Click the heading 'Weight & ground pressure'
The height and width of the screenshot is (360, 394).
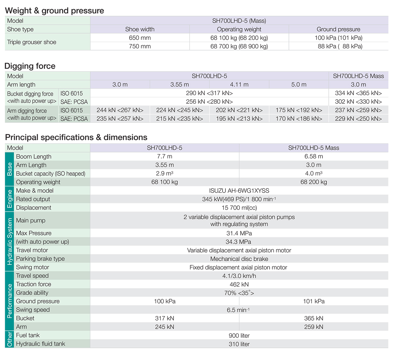click(54, 11)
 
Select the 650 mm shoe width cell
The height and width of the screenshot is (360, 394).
click(140, 38)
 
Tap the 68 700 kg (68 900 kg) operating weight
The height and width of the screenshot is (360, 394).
click(239, 46)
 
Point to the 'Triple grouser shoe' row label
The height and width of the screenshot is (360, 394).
click(31, 42)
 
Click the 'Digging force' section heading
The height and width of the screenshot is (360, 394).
click(30, 66)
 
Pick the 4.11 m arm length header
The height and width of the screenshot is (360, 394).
click(239, 85)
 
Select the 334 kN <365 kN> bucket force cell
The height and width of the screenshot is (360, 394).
click(358, 93)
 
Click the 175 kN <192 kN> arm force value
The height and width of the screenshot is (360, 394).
click(299, 110)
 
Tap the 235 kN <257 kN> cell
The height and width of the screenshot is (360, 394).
click(120, 119)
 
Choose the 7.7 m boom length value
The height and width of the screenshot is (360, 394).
click(165, 157)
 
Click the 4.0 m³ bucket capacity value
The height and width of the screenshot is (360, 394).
click(313, 174)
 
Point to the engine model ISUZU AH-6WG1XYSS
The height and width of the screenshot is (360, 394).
click(239, 191)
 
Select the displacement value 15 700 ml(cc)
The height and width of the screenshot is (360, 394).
click(239, 207)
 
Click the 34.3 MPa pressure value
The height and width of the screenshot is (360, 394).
click(239, 242)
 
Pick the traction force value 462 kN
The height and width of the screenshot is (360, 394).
click(239, 284)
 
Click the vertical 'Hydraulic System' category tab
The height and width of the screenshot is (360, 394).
click(10, 242)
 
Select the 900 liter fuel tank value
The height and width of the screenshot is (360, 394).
click(239, 335)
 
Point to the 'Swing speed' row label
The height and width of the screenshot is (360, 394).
click(33, 310)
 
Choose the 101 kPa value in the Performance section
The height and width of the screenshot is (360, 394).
click(313, 301)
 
